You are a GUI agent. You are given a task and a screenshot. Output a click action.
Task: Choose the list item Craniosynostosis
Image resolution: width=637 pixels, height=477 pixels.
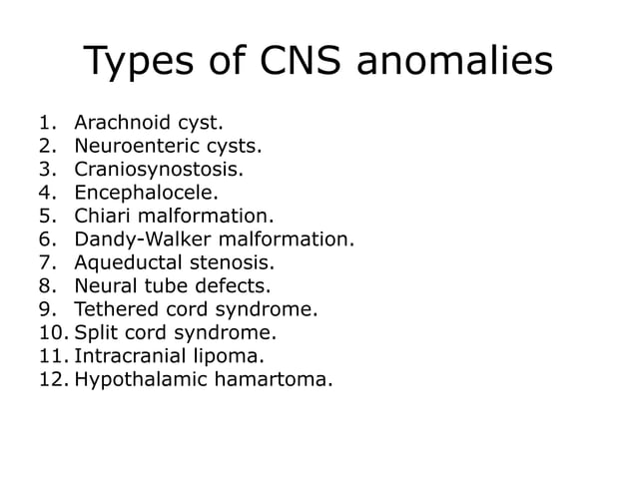[x=158, y=170]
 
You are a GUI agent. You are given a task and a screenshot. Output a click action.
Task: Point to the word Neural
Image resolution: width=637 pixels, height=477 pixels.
[x=105, y=286]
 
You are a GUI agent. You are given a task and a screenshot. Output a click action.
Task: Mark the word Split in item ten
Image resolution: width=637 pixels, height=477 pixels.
[x=96, y=332]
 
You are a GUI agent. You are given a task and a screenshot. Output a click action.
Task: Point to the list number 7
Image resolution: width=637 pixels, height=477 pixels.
[x=45, y=263]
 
